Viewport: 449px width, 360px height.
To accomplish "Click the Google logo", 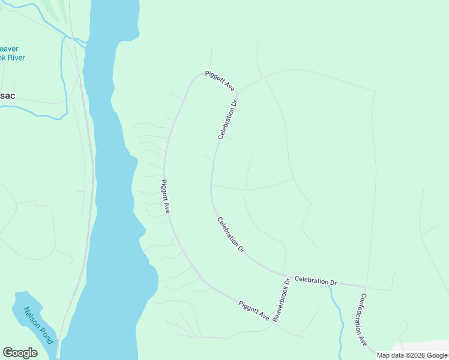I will [x=20, y=353].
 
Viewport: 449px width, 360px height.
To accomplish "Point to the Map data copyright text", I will [x=412, y=356].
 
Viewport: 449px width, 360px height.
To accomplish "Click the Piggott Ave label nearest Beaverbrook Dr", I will [x=254, y=310].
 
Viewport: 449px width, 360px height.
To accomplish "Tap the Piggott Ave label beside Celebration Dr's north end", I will [x=219, y=80].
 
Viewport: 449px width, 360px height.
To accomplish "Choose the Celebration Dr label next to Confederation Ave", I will [x=316, y=281].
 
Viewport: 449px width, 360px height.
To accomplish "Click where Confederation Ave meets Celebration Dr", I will [x=364, y=286].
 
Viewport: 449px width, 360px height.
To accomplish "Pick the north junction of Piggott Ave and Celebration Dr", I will [x=238, y=94].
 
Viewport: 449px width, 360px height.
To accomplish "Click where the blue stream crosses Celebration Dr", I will [x=330, y=283].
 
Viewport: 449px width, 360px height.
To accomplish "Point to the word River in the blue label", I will [x=16, y=58].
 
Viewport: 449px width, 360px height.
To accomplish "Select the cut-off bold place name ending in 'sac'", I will [x=8, y=96].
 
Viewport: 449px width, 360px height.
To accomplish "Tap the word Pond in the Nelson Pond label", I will [x=47, y=335].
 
